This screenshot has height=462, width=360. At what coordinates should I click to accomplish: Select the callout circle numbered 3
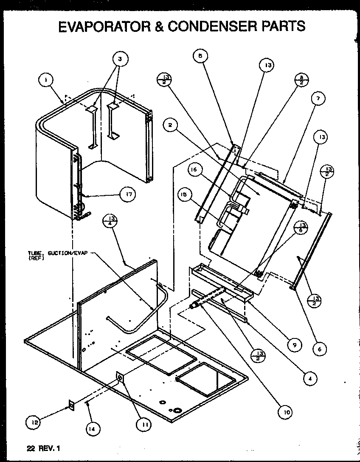121,59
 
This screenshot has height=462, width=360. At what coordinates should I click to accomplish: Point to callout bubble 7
318,99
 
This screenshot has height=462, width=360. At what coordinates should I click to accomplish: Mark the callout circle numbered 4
311,377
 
